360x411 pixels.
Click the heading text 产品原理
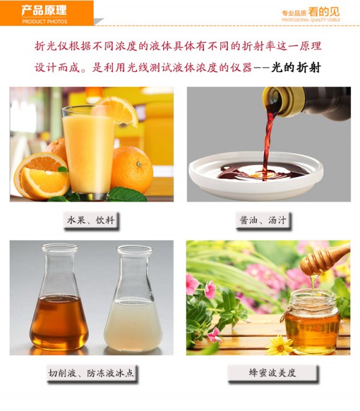44,10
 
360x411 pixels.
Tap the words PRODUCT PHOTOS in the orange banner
44,22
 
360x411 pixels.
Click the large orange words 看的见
323,12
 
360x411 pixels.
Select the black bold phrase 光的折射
296,67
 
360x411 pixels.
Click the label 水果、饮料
91,220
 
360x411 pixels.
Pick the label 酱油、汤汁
263,220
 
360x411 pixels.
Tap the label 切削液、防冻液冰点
91,373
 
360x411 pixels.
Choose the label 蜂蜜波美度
272,373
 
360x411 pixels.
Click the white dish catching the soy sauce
256,175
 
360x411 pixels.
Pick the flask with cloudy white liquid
133,298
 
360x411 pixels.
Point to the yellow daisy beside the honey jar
280,345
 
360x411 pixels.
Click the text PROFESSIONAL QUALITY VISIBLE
311,20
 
